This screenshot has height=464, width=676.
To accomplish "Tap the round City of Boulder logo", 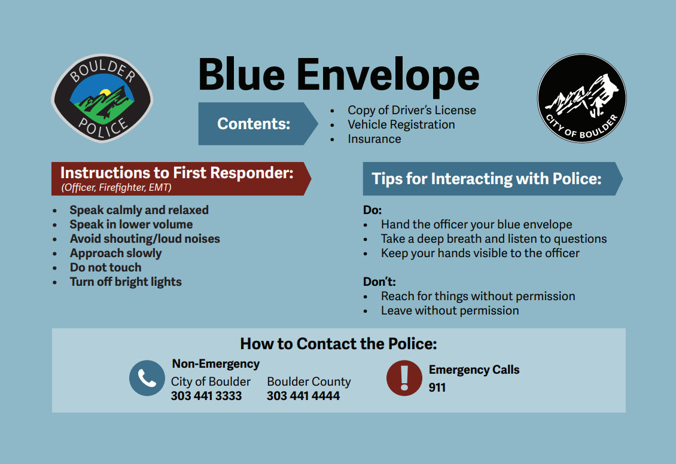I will (x=581, y=99).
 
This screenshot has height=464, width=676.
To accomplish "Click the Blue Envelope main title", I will (x=339, y=75).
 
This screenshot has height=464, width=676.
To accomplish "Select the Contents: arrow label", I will (x=254, y=124).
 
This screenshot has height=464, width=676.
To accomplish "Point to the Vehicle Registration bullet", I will (x=401, y=124).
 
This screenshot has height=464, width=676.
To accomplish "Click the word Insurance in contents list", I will (x=374, y=139).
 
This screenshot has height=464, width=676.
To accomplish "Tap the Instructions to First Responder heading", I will (x=177, y=173).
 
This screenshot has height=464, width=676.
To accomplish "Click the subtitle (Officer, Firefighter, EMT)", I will (x=116, y=188).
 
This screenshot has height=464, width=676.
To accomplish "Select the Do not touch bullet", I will (x=105, y=267).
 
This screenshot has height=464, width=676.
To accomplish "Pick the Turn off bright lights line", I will (x=125, y=282).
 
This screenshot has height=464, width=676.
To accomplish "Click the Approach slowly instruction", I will (x=115, y=253).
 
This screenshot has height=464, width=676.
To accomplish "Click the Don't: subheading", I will (x=379, y=282).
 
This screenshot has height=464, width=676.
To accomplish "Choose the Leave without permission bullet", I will (x=449, y=310).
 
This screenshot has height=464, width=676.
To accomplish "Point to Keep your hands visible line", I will (x=480, y=253).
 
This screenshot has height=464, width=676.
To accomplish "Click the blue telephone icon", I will (x=147, y=378).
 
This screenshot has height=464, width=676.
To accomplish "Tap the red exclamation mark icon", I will (x=404, y=378).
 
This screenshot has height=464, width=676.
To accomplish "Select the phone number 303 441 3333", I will (x=206, y=396).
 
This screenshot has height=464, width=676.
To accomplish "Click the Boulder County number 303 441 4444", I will (x=303, y=396).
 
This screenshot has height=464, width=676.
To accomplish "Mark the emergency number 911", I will (x=437, y=387).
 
